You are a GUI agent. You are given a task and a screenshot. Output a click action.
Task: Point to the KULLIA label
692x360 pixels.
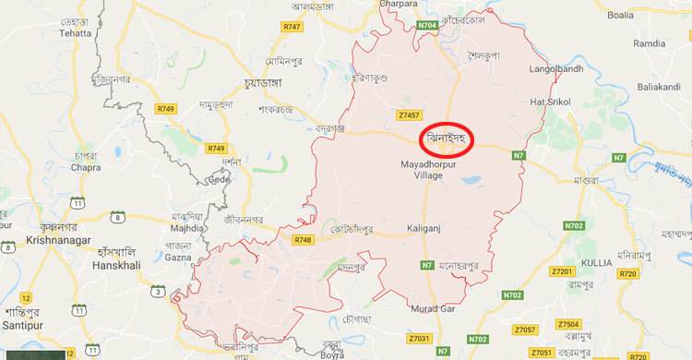tap(596, 263)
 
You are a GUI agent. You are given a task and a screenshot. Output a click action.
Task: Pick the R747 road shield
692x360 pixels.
tap(292, 27)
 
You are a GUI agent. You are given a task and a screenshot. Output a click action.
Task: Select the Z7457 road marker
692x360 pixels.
tap(411, 115)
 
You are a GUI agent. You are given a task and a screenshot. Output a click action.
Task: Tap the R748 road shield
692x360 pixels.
tap(303, 240)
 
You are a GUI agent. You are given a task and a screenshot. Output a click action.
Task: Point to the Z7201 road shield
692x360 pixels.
tap(562, 271)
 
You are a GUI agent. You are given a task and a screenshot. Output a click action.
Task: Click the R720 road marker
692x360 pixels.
tap(629, 274)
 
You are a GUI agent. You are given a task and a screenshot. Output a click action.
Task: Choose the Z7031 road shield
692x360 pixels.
tap(417, 341)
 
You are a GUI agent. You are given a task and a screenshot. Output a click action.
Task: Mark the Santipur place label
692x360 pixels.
tap(22, 315)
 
